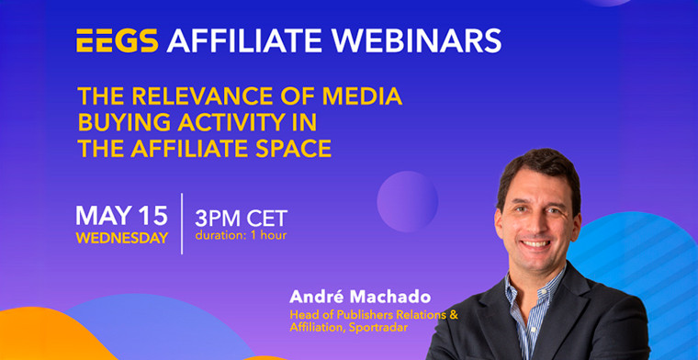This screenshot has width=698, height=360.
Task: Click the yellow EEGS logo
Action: click(117, 40)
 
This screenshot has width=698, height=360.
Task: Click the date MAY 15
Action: click(121, 216)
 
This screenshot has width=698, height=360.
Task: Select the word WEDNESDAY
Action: click(121, 238)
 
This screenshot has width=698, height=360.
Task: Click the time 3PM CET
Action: click(241, 218)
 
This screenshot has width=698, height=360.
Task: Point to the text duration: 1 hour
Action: click(242, 235)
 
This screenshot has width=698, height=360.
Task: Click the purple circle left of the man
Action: click(407, 200)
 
